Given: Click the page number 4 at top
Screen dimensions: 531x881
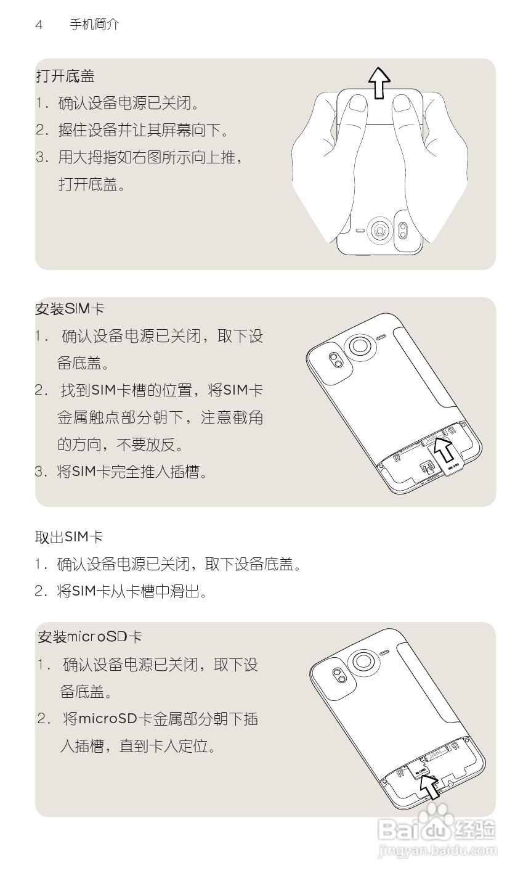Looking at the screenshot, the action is click(39, 25).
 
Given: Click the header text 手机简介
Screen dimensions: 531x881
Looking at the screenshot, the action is click(94, 25).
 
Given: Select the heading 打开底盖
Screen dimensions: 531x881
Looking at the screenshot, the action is click(66, 76).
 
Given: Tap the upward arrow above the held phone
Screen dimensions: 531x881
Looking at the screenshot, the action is click(379, 83).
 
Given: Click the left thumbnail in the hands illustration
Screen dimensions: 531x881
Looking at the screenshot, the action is click(358, 103).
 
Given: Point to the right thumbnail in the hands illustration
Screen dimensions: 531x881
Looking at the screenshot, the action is click(401, 103).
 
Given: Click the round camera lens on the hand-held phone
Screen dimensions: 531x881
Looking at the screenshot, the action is click(379, 230).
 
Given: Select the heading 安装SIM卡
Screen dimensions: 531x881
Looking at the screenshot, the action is click(70, 309).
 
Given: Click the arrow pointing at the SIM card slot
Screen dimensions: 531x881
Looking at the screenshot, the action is click(444, 450).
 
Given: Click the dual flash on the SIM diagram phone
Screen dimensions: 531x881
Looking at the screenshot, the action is click(336, 360).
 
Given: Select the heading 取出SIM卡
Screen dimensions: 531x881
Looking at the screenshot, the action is click(69, 537).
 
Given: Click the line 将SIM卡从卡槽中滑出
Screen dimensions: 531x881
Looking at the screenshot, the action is click(132, 591).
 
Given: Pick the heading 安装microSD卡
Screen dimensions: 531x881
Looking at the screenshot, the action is click(89, 637).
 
